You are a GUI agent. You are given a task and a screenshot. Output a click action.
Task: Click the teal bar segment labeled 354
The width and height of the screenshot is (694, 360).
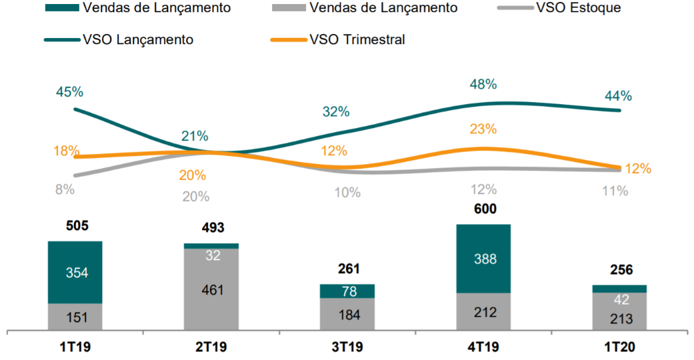(75, 272)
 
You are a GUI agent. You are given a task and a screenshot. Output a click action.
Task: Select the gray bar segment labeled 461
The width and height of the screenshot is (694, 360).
(211, 289)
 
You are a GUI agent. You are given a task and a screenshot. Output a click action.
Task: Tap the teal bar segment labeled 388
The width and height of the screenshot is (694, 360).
(483, 259)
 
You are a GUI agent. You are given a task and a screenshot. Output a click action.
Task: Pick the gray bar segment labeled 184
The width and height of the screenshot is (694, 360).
(347, 313)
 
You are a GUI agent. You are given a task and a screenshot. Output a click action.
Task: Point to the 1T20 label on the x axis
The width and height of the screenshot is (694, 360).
(619, 347)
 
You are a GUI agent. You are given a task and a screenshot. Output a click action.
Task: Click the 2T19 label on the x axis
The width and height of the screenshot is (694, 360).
(211, 347)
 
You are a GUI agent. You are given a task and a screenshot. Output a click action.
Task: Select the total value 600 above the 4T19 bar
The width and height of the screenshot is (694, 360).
(483, 209)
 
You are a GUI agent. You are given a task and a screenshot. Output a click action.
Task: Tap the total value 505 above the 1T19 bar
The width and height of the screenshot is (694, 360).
(77, 225)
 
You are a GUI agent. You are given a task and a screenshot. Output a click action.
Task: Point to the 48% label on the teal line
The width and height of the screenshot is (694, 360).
(483, 85)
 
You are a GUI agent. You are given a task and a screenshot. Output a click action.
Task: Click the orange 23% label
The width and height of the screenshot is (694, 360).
(483, 129)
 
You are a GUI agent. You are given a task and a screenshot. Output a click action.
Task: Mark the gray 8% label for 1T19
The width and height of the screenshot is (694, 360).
(65, 189)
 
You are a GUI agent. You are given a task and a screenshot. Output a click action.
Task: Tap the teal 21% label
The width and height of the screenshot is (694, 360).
(195, 137)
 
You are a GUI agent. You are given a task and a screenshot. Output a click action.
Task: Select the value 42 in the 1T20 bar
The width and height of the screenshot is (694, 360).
(619, 299)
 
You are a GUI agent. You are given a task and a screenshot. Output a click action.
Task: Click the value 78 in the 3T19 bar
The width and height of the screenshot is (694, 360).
(347, 291)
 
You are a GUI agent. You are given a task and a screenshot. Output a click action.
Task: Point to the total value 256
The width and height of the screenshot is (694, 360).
(619, 270)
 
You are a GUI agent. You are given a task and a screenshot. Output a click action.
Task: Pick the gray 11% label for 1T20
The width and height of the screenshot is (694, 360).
(614, 191)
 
